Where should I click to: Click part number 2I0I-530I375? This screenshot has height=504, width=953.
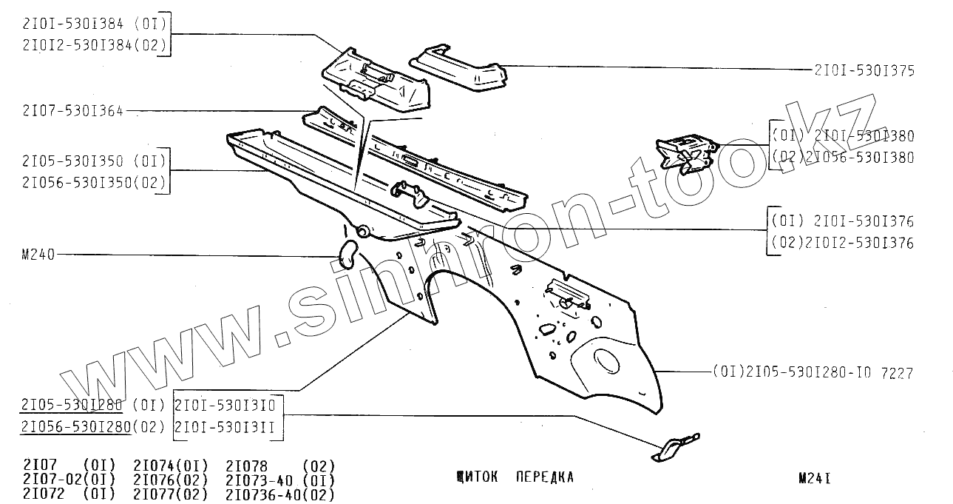click(x=864, y=71)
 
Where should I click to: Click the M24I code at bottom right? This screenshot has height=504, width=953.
click(x=814, y=478)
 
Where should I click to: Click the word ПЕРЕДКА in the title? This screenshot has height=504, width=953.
click(x=545, y=477)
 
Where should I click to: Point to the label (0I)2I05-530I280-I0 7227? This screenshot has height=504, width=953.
click(x=813, y=373)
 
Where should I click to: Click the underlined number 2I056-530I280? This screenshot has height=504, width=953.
click(x=77, y=426)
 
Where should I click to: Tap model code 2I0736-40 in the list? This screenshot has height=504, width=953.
click(x=266, y=494)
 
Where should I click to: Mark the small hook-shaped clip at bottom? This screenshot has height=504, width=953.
click(x=674, y=447)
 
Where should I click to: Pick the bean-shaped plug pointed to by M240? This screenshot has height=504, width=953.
click(x=346, y=254)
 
